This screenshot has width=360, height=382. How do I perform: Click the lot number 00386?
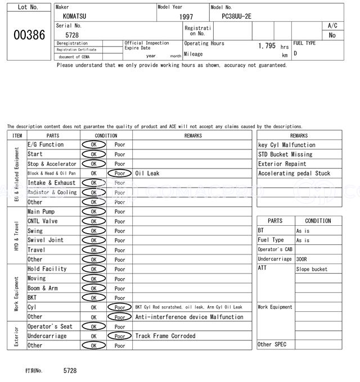[29, 35]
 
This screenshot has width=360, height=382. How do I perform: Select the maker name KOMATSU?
[75, 16]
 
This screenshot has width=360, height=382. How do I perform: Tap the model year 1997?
[186, 17]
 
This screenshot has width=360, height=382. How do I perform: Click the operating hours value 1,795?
[267, 46]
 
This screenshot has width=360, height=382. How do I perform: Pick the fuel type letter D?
[295, 53]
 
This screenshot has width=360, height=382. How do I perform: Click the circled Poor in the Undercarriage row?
[120, 336]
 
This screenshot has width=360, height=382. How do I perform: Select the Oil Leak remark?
[147, 174]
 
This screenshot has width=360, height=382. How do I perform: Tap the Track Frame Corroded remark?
[165, 336]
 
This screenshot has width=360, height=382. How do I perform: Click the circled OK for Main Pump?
[93, 212]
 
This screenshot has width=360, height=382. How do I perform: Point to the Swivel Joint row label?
[46, 240]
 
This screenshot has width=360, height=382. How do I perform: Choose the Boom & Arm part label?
[43, 288]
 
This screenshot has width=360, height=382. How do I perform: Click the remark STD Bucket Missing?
[285, 154]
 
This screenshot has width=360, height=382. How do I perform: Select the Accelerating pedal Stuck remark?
[294, 174]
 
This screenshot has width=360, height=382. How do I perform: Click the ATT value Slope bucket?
[311, 269]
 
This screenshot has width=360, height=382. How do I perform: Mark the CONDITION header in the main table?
[106, 135]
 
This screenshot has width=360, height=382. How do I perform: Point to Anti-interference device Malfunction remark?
[190, 317]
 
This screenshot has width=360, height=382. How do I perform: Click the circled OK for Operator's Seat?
[93, 326]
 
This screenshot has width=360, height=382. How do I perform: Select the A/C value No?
[332, 35]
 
